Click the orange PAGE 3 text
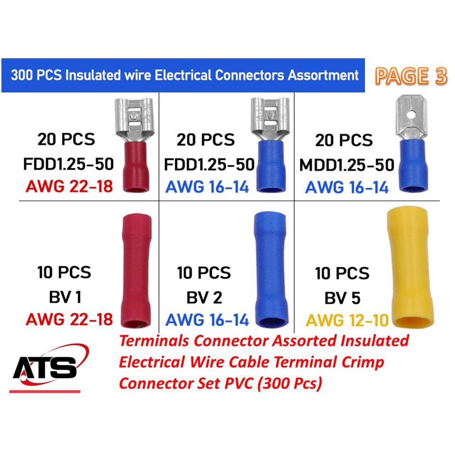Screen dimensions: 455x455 pyautogui.click(x=411, y=76)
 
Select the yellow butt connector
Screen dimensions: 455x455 pyautogui.click(x=410, y=267)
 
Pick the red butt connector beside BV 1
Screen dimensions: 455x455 pyautogui.click(x=136, y=271)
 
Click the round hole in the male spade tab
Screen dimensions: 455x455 pyautogui.click(x=410, y=115)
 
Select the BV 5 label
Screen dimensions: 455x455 pyautogui.click(x=342, y=298)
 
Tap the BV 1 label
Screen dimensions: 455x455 pyautogui.click(x=65, y=297)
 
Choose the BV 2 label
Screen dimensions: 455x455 pyautogui.click(x=204, y=298)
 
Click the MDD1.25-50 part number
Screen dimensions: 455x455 pyautogui.click(x=347, y=165)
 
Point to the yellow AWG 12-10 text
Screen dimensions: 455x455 pyautogui.click(x=347, y=320)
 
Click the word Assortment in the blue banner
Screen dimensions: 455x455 pyautogui.click(x=324, y=75)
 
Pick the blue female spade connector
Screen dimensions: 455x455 pyautogui.click(x=271, y=145)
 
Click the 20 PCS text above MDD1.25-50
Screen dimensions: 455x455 pyautogui.click(x=344, y=140)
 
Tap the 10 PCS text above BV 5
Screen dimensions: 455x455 pyautogui.click(x=342, y=273)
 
